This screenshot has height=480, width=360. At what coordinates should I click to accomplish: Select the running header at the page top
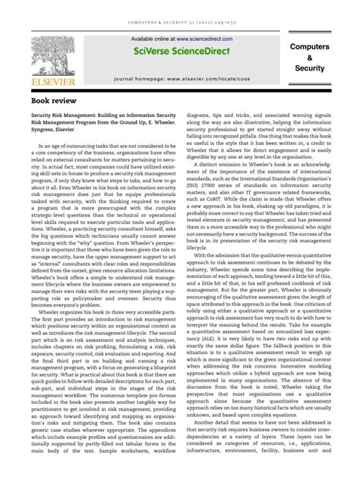180,10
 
